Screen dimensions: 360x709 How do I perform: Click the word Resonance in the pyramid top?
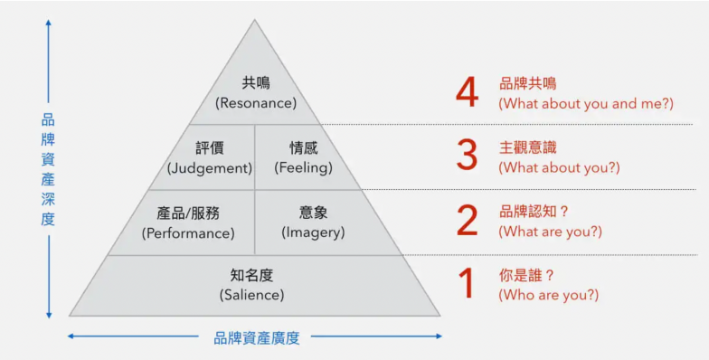256,103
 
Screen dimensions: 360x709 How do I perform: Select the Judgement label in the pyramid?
210,168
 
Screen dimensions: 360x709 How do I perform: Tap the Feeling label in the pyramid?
304,168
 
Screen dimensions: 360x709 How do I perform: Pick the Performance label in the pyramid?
188,232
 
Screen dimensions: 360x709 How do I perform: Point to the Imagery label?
314,232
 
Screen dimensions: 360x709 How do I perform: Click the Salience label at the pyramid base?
251,295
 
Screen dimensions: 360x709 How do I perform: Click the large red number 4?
467,92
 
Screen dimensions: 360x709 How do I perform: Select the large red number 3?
467,156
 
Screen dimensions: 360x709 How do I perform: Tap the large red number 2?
467,221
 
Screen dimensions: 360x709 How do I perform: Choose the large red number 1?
467,284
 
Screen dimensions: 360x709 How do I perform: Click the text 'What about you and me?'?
586,103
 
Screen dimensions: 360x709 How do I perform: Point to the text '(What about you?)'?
559,167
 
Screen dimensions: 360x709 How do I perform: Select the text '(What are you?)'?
550,232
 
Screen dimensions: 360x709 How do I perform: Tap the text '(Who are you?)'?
548,295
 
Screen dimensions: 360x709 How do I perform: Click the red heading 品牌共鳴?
528,83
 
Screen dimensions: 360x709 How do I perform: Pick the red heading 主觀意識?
528,147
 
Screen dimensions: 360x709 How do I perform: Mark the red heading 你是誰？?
529,274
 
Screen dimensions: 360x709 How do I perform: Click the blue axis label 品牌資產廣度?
256,338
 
